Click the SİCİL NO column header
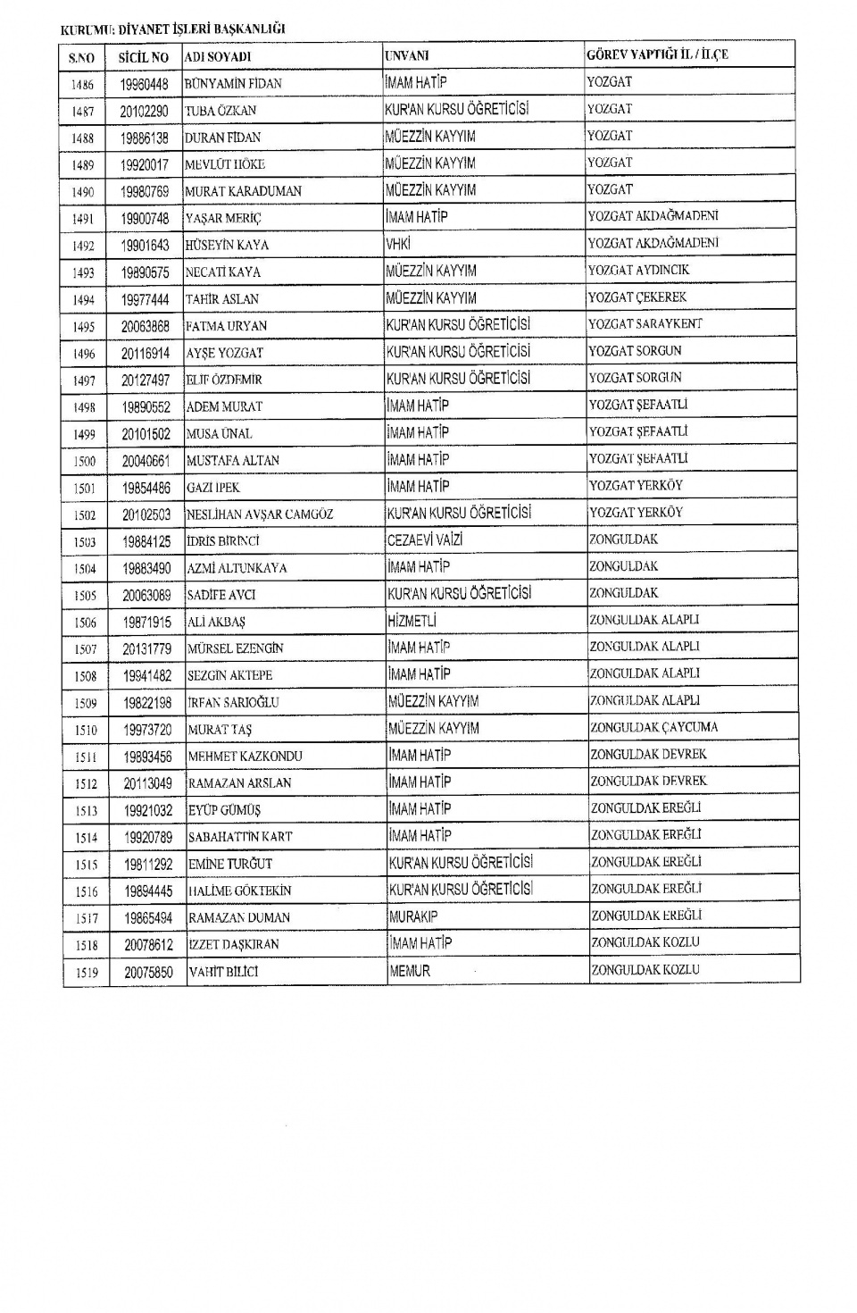point(143,57)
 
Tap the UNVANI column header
point(406,55)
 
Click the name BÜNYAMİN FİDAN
point(233,84)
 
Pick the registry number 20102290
point(144,111)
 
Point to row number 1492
point(83,246)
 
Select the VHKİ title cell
point(397,244)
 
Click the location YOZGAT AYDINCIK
point(638,270)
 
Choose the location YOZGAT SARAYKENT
point(645,324)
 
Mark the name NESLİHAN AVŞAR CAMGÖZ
point(260,514)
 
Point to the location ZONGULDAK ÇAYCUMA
point(653,728)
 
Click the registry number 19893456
point(147,757)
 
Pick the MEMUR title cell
point(410,971)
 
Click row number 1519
point(87,973)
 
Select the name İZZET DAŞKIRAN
point(233,944)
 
